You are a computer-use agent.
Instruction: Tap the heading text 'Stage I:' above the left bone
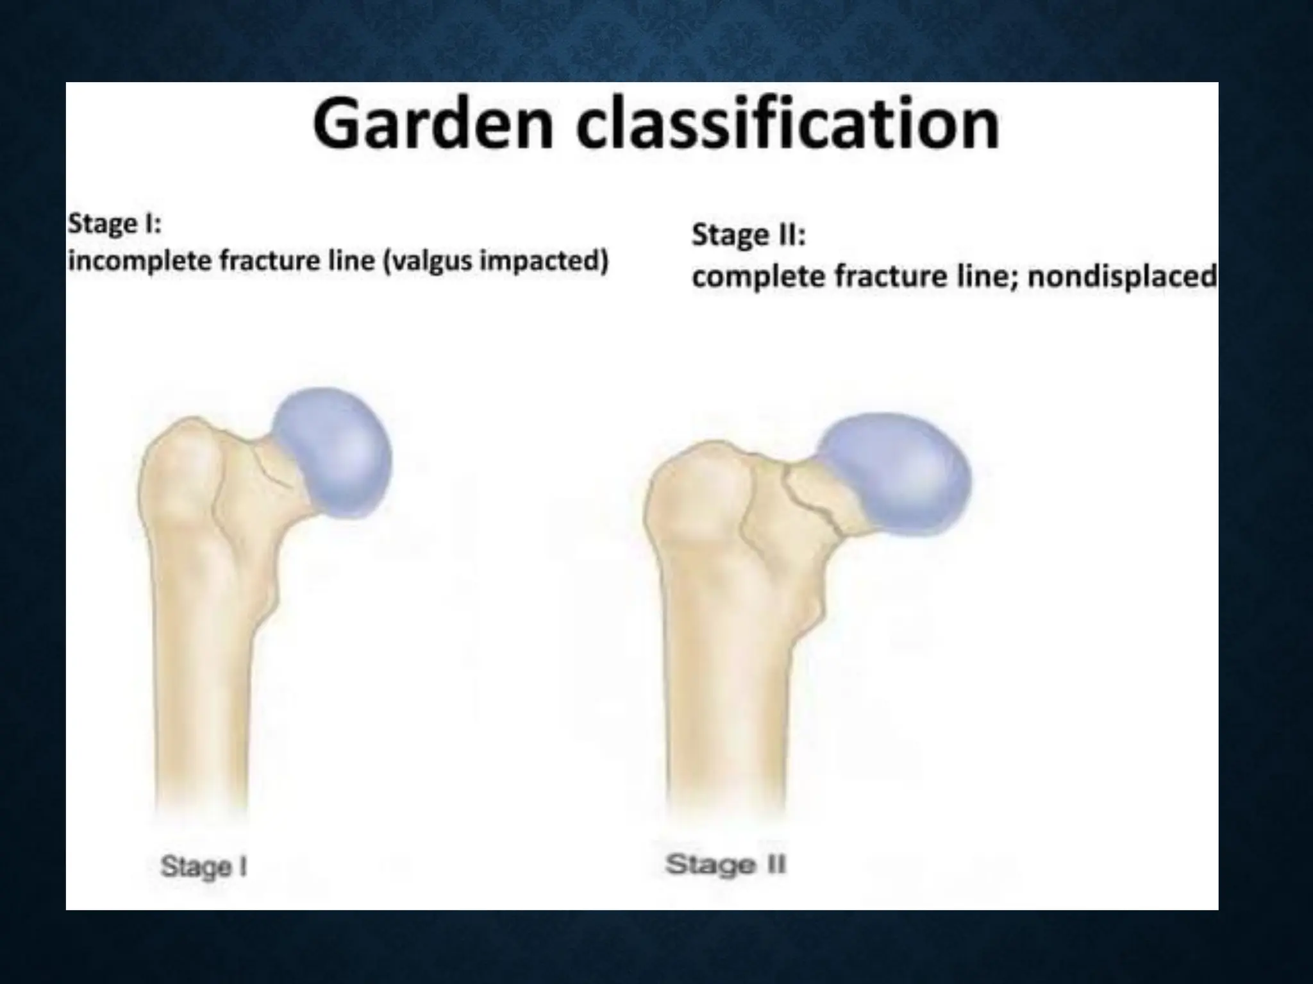[115, 224]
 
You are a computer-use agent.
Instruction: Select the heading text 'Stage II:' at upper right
[748, 235]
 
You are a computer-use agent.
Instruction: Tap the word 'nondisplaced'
[1122, 277]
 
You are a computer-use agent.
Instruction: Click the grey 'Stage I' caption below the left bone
[203, 867]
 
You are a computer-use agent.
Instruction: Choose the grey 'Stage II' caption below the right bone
[725, 865]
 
